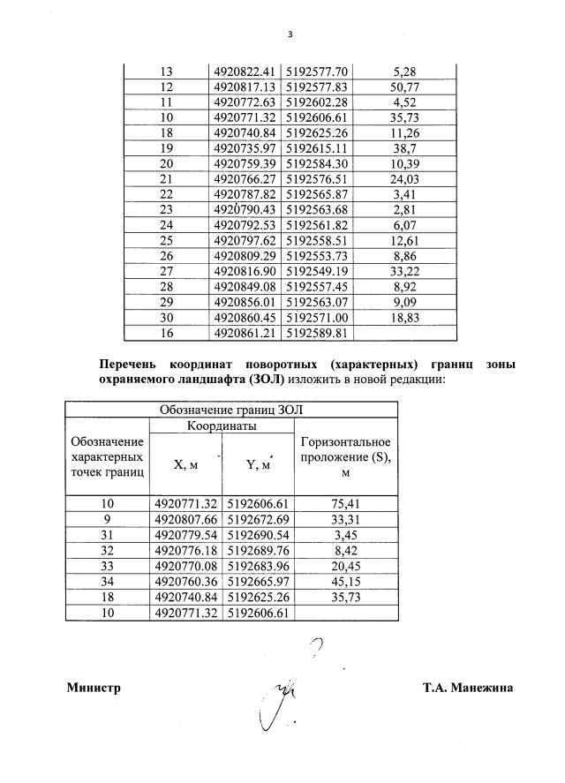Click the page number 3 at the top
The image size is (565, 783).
tap(289, 34)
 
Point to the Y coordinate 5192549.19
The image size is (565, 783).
tap(319, 274)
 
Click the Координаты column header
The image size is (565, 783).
tap(222, 425)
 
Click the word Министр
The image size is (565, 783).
tap(94, 688)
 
